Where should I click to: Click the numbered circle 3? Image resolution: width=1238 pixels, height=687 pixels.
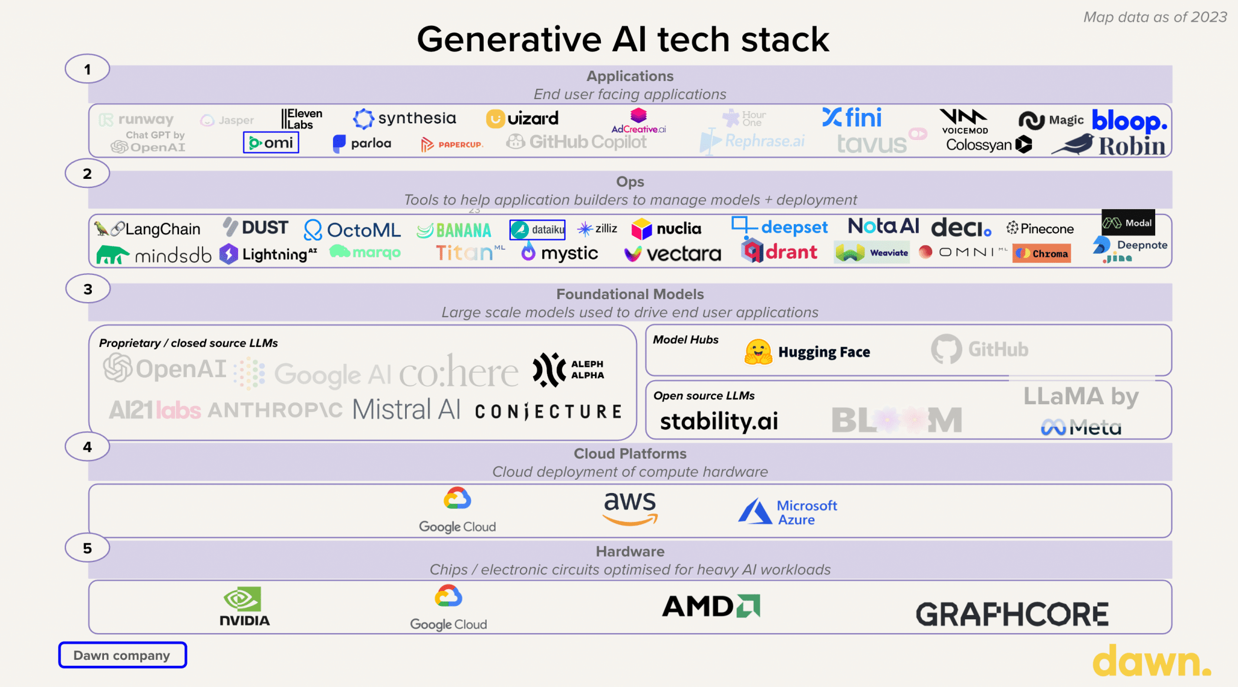pos(88,289)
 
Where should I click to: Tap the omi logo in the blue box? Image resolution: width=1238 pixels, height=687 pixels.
pos(271,143)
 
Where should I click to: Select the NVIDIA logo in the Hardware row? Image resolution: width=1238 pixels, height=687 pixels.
pos(244,606)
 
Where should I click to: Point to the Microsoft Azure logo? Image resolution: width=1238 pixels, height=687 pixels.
pos(788,512)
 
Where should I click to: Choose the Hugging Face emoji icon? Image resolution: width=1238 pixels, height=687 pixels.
pos(758,352)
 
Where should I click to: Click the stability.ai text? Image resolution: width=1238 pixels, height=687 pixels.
pos(719,421)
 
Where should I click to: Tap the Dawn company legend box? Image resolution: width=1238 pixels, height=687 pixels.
pos(122,655)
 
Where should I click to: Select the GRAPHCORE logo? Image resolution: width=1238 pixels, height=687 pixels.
pos(1012,614)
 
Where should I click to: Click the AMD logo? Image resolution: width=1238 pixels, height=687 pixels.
pos(711,606)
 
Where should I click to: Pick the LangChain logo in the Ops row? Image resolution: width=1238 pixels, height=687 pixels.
pos(148,229)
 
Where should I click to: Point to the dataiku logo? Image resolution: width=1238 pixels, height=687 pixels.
pos(537,230)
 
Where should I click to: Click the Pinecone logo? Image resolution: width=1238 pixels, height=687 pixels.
pos(1040,228)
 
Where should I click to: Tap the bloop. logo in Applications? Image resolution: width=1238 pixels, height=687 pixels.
pos(1129,121)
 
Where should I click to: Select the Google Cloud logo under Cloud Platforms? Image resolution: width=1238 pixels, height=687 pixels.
pos(458,511)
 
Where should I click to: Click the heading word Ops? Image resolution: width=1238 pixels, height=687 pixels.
pos(630,182)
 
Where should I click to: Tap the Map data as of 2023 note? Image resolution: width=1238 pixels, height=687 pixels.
pos(1155,17)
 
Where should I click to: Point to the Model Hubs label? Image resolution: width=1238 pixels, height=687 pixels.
pos(685,340)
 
